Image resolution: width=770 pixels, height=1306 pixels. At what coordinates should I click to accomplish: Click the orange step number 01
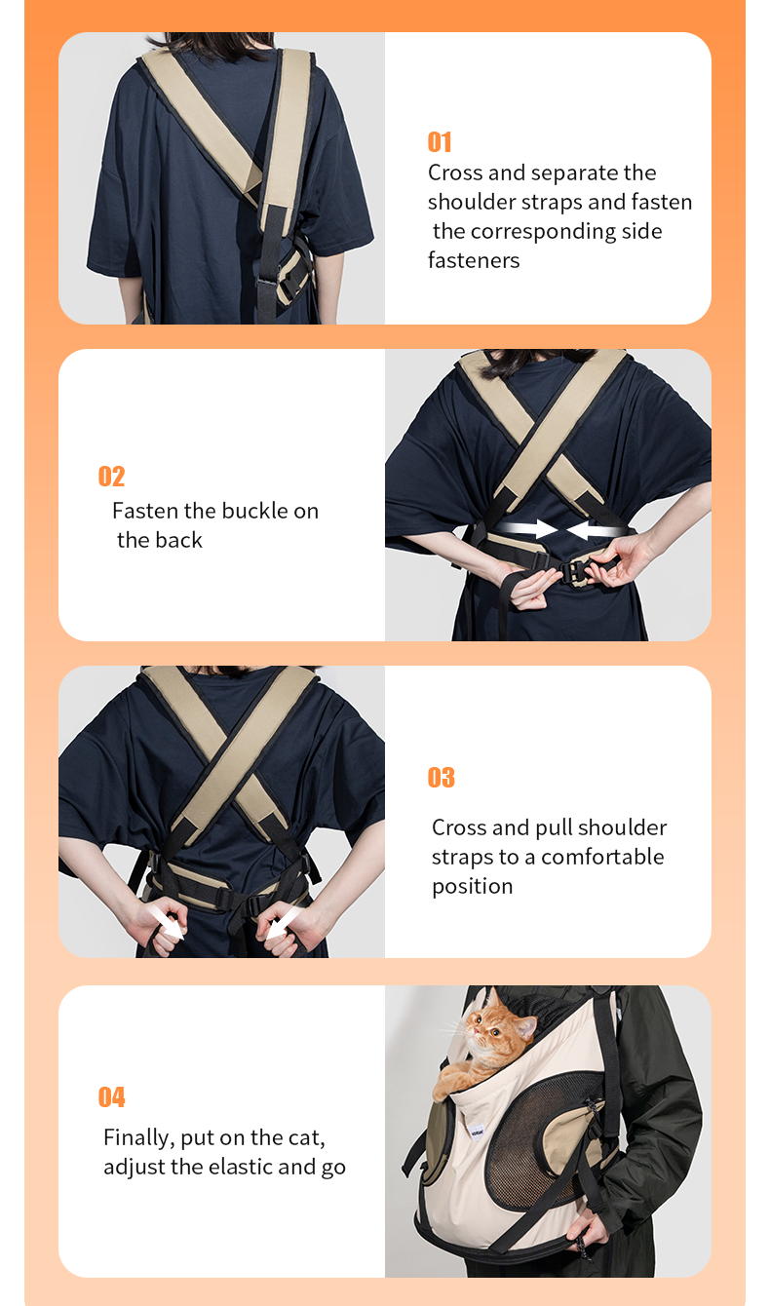440,142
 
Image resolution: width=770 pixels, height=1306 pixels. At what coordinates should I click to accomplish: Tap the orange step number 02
111,477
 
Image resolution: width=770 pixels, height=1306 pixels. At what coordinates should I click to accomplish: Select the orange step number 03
441,777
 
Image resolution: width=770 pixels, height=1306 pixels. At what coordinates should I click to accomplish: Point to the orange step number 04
111,1096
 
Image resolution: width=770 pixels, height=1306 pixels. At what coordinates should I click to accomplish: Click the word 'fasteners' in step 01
474,260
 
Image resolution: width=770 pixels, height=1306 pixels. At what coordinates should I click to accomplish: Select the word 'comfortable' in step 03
602,857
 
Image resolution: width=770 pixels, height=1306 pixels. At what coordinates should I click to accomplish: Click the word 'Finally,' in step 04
138,1138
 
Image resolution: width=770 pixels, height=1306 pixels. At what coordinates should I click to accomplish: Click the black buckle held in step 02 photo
574,571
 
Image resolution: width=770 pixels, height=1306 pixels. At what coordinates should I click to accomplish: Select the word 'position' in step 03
472,887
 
